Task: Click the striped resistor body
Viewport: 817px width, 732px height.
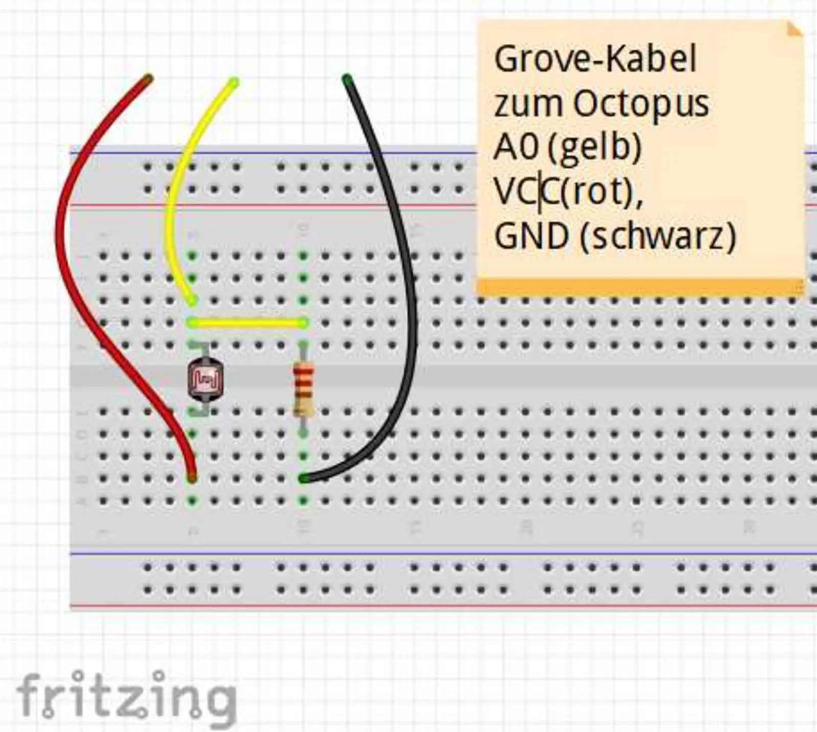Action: click(303, 387)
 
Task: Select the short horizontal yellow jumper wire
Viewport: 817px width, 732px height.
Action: click(248, 323)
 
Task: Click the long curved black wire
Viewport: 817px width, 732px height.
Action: click(403, 256)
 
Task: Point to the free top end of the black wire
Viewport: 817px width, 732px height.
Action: click(347, 80)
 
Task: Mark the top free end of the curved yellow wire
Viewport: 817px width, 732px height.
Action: click(233, 82)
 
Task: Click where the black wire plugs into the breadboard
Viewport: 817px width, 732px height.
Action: click(303, 478)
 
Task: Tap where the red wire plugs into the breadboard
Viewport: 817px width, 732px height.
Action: click(192, 478)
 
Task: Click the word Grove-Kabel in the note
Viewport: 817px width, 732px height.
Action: click(595, 59)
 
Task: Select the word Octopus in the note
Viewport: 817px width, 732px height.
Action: click(641, 104)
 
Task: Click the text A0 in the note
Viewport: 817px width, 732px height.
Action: click(516, 148)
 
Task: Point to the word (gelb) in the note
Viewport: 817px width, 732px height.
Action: click(594, 148)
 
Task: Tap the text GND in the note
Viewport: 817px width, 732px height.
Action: click(531, 236)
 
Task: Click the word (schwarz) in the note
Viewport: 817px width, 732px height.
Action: click(659, 236)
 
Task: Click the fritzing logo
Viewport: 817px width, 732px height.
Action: click(126, 695)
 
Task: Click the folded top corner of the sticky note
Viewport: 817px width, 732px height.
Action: click(794, 30)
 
